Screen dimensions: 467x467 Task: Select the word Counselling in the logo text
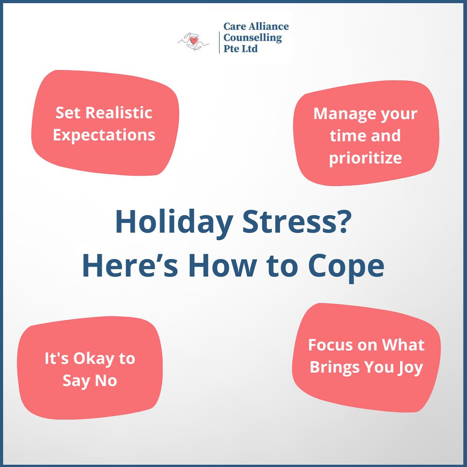(253, 38)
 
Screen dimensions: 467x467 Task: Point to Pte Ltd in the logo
(240, 49)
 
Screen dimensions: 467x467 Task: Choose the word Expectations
(104, 135)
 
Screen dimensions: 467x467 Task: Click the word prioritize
(365, 158)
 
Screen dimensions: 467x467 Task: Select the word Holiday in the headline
(174, 223)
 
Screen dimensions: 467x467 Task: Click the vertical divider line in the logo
(219, 38)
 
